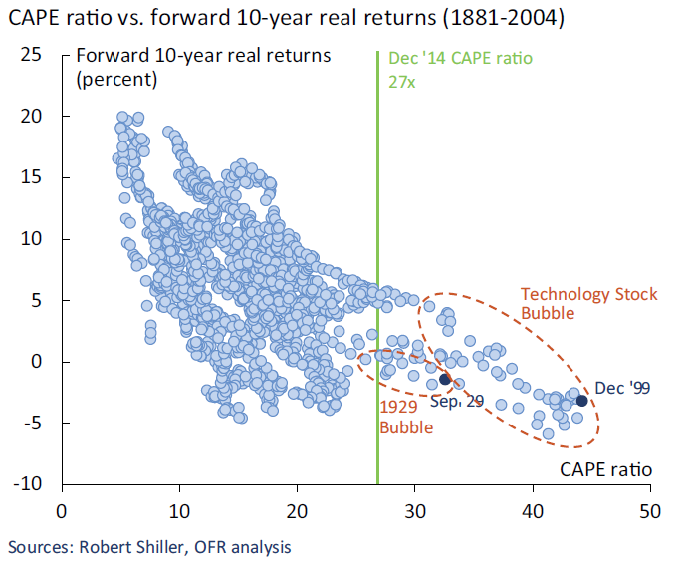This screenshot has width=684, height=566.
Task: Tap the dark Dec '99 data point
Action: coord(581,400)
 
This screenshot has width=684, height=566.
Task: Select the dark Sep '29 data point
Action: coord(445,379)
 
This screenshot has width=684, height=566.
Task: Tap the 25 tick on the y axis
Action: coord(32,55)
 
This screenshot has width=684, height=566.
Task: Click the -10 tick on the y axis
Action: coord(30,484)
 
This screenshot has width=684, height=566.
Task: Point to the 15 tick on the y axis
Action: coord(32,177)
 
